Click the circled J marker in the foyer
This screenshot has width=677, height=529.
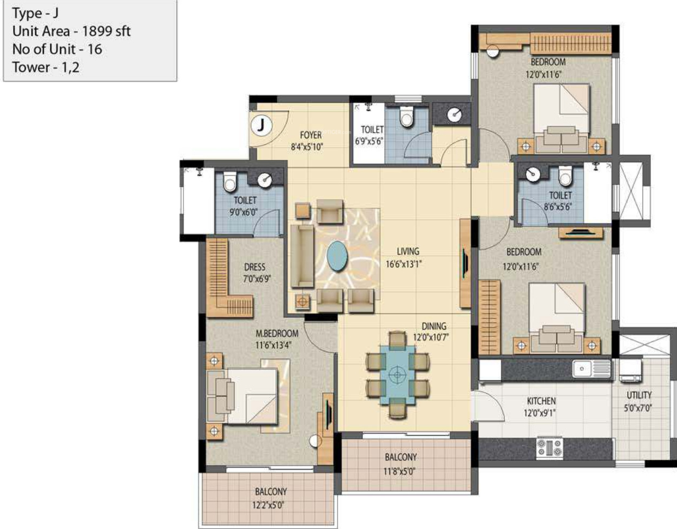[261, 125]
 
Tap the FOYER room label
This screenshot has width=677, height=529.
[311, 135]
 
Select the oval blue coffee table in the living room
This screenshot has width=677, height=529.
[337, 256]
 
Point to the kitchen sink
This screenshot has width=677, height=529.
[591, 369]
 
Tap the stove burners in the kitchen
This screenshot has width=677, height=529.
[550, 448]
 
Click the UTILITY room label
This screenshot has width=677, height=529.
[639, 395]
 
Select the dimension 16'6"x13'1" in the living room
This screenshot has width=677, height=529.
[404, 264]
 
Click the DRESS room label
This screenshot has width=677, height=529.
[254, 267]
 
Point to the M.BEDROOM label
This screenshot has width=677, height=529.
[277, 334]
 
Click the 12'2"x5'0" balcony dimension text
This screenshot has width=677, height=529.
[268, 505]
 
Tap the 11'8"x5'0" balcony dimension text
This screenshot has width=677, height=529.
[399, 471]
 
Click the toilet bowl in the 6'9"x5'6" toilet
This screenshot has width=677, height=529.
[406, 117]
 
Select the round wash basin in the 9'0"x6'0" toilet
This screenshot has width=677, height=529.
[265, 180]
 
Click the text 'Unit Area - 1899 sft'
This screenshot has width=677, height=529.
[71, 31]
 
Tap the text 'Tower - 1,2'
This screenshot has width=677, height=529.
[46, 67]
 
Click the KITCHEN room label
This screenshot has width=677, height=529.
[541, 401]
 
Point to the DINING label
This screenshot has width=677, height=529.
[434, 326]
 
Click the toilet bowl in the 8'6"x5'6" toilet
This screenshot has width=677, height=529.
[565, 176]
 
